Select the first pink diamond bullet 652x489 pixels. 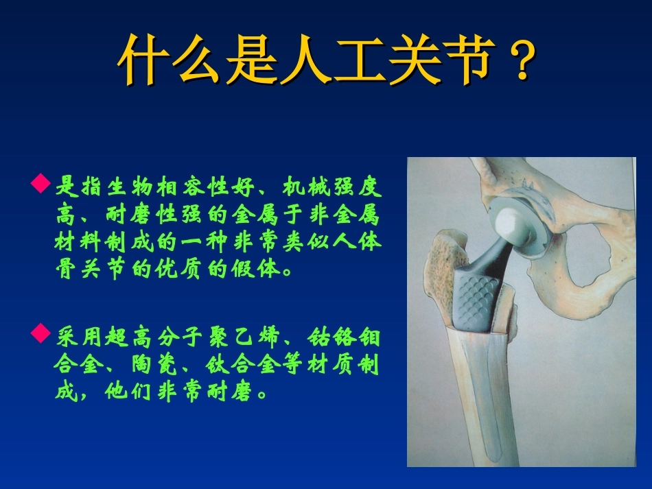tap(41, 184)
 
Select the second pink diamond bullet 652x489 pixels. tap(41, 334)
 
